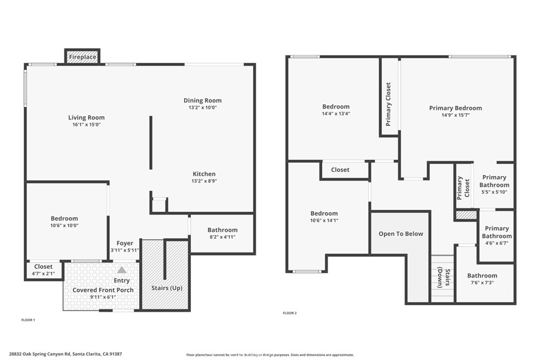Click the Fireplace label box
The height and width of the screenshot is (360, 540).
[x=82, y=56]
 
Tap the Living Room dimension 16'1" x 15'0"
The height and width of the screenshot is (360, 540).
[x=86, y=125]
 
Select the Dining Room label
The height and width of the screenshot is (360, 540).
[x=202, y=100]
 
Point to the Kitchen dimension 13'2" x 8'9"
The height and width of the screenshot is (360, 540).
[x=204, y=181]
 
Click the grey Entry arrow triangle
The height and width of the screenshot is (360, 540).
[x=121, y=270]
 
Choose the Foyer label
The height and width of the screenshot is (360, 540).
[x=125, y=243]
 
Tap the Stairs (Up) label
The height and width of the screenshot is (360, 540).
[x=167, y=288]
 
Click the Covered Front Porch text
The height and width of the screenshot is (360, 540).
[x=103, y=290]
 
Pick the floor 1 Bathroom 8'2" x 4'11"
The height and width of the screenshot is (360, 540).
[x=222, y=233]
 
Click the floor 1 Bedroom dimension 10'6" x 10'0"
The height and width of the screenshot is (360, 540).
[x=64, y=225]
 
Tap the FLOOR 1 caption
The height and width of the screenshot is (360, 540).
[x=27, y=320]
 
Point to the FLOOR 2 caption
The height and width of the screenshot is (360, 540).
[x=290, y=313]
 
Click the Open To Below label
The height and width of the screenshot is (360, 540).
[x=401, y=233]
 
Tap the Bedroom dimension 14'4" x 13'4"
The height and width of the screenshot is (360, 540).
[x=336, y=113]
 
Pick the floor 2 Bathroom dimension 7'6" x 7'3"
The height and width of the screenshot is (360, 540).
[x=481, y=283]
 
